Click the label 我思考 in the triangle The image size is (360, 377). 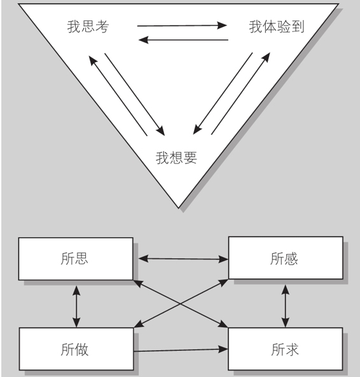coord(88,26)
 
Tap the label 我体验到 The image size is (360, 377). coord(277,26)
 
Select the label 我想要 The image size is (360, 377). coord(176,158)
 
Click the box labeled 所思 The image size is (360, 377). coord(76,259)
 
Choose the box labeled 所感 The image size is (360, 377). coord(286,258)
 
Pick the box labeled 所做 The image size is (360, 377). coord(76,349)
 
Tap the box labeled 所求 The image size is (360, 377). coord(285,349)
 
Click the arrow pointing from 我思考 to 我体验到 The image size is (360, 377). coord(182,25)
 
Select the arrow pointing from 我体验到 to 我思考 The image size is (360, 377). coord(183,39)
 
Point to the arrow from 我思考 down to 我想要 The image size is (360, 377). coord(135,95)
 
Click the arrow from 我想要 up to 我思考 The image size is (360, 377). coord(118,96)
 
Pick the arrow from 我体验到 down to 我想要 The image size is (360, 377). coord(223,93)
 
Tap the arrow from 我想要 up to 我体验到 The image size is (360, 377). coord(240,93)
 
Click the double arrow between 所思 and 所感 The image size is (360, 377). coord(183,259)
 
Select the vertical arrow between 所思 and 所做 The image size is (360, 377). coord(76,306)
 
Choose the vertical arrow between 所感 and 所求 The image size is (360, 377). coord(286,306)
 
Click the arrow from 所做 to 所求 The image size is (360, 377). coord(181,350)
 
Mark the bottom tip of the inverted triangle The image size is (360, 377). coord(179,208)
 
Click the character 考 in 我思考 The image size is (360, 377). coord(102,26)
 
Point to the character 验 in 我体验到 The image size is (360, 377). coord(284,26)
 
